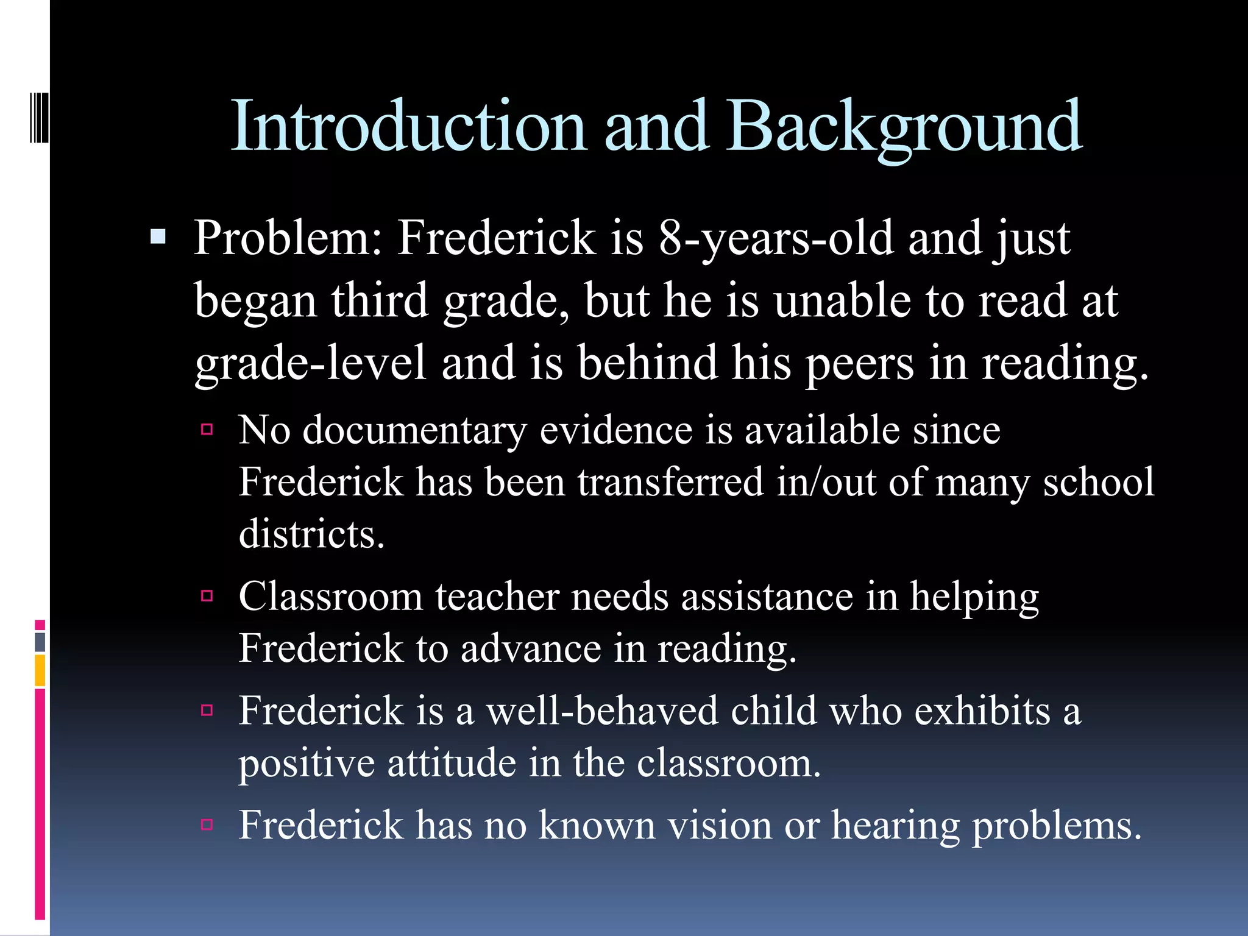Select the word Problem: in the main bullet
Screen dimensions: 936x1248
(x=288, y=238)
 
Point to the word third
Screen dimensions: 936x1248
(x=380, y=300)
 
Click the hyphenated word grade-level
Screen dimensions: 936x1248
(x=310, y=363)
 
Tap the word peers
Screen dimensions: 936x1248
(x=860, y=363)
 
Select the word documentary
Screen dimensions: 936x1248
(x=414, y=431)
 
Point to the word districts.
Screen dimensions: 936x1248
(x=311, y=534)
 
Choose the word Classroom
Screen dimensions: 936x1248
(x=330, y=596)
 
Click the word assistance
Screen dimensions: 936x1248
(x=767, y=596)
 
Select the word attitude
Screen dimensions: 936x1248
(x=452, y=763)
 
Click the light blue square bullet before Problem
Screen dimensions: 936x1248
(x=158, y=236)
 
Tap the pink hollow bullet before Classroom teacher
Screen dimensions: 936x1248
(x=207, y=595)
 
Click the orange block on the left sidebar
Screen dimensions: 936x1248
(x=40, y=670)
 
